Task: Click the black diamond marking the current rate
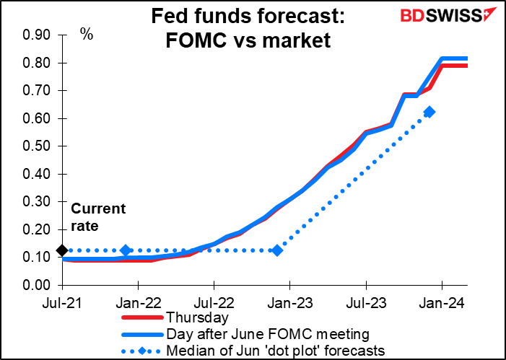(62, 250)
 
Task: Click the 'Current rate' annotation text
(98, 217)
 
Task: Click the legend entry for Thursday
(197, 317)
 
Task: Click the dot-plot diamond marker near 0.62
(429, 112)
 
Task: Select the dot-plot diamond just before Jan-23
(276, 250)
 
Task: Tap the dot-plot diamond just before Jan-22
(126, 250)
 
